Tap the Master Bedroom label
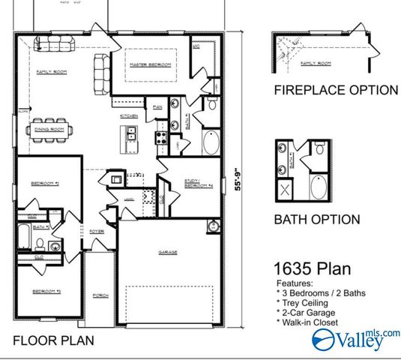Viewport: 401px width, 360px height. (151, 65)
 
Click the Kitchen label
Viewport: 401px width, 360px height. (129, 116)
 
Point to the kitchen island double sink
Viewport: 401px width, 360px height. (130, 134)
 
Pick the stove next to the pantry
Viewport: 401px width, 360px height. (159, 136)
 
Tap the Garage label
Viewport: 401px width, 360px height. (168, 252)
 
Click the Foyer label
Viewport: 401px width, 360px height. (97, 231)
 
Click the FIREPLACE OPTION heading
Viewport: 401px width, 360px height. (335, 90)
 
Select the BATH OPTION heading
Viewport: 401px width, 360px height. (316, 220)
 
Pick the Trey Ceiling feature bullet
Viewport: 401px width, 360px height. (304, 302)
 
